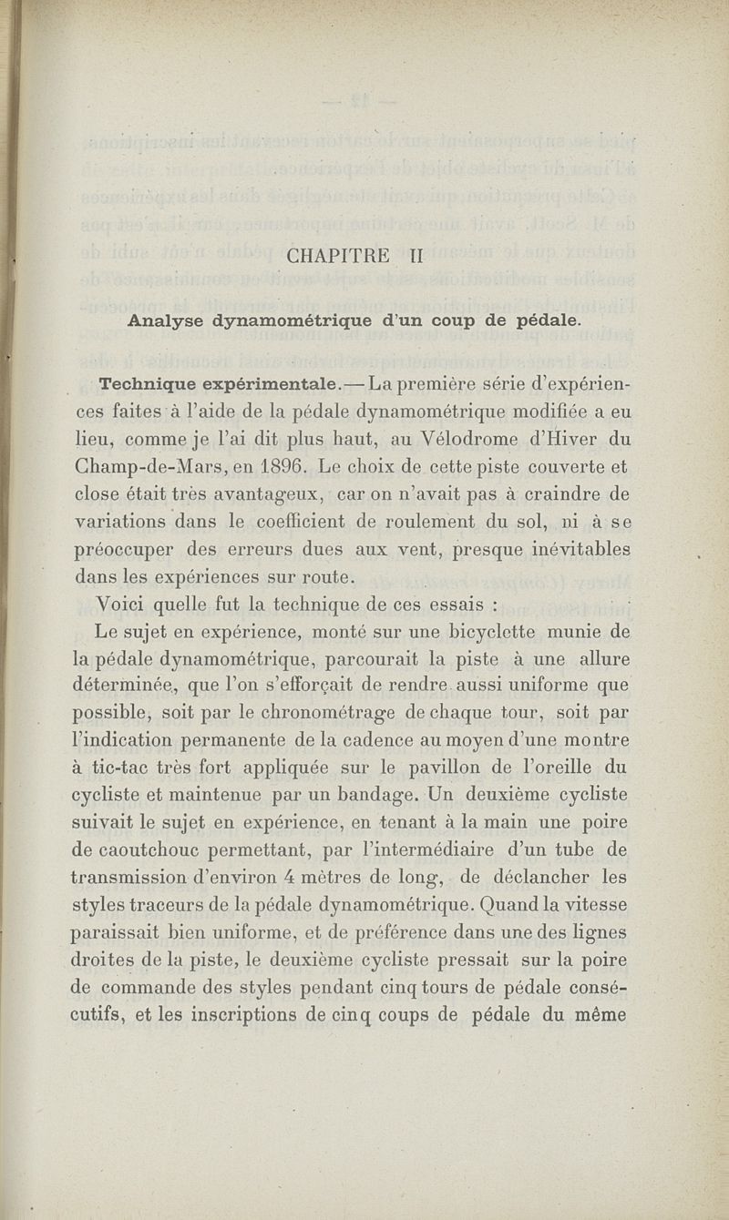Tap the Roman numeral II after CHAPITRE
click(416, 257)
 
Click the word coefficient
click(320, 524)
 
